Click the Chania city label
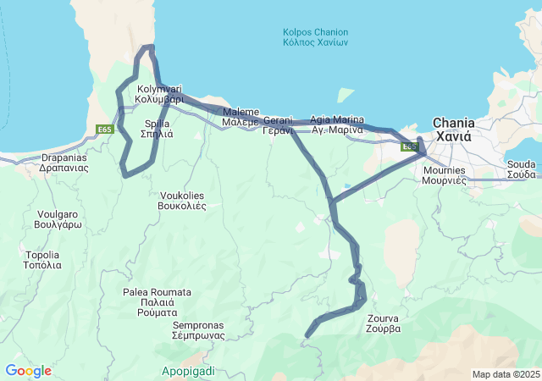click(454, 129)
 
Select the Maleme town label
click(240, 117)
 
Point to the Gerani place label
click(278, 125)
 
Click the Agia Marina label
click(337, 124)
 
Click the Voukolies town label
click(183, 201)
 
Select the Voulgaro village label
click(57, 220)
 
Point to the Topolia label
click(43, 260)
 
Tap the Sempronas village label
click(198, 330)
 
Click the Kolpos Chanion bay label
click(316, 38)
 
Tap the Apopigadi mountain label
click(188, 371)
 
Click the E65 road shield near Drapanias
click(104, 130)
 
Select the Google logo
click(28, 371)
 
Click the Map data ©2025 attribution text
click(505, 374)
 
